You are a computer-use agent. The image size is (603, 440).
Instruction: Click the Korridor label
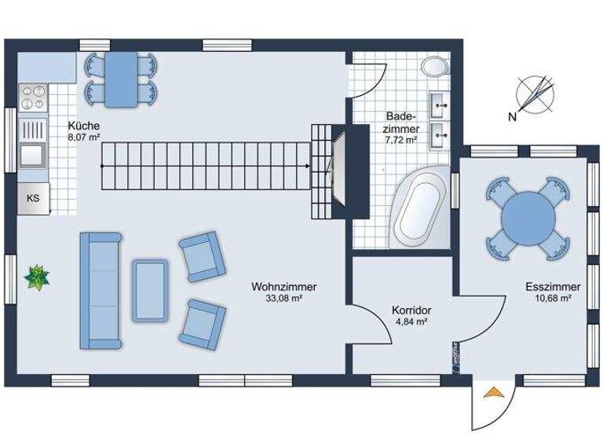pos(411,310)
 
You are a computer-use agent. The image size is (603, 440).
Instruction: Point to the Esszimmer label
pos(554,287)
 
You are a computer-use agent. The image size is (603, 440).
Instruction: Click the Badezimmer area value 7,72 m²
pos(400,139)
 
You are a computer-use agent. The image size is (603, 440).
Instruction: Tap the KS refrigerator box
pos(33,198)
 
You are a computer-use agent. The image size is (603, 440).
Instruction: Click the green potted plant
pos(37,277)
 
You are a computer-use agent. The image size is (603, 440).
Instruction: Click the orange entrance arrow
pos(493,394)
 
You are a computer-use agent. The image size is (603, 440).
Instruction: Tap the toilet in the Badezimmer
pos(433,67)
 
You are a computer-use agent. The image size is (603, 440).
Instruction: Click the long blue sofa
pos(100,290)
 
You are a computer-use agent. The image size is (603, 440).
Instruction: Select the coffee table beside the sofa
pos(149,290)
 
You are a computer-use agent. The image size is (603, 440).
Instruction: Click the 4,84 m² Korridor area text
pos(411,322)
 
